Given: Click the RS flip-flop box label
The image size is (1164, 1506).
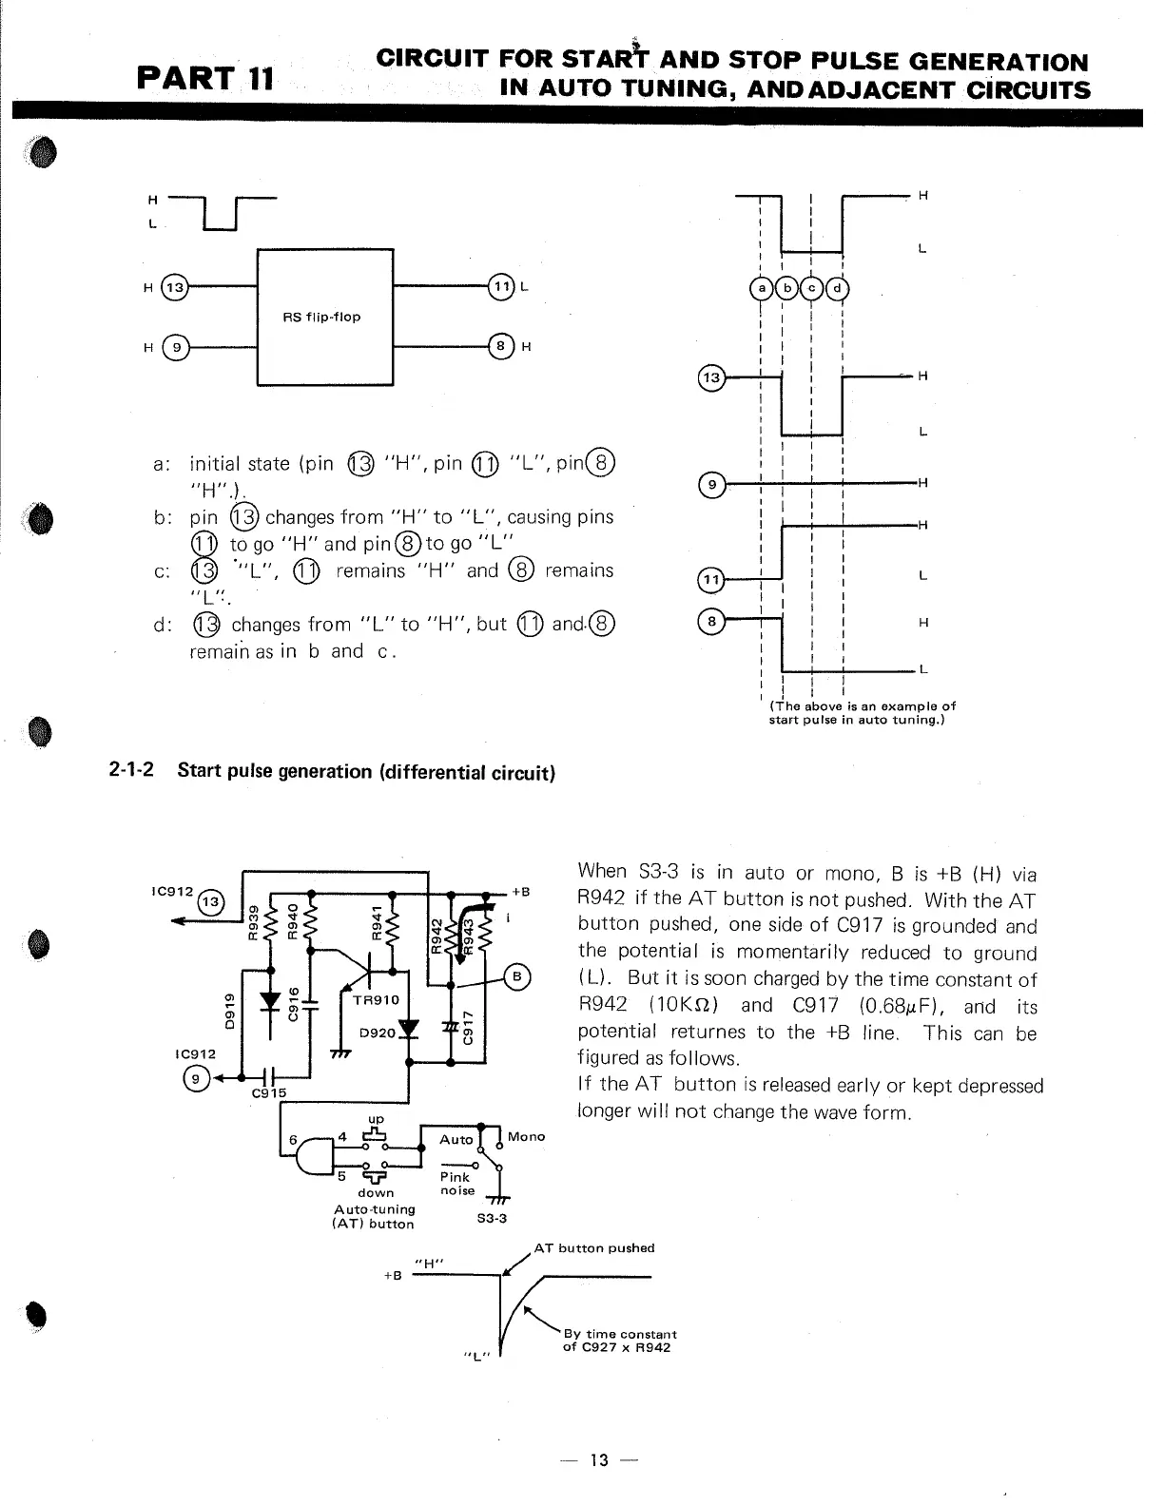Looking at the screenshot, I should tap(321, 317).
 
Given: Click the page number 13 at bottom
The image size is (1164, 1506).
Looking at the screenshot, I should tap(598, 1459).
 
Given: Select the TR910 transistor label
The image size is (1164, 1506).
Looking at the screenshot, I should tap(376, 1000).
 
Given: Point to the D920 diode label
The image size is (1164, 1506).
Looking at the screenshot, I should tap(377, 1033).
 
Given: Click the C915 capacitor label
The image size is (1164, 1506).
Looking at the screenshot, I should tap(268, 1093).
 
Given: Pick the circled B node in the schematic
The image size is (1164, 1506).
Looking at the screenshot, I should tap(518, 976).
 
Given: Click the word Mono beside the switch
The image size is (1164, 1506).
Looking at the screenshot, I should tap(526, 1136).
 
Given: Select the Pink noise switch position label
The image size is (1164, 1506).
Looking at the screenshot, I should tap(456, 1184).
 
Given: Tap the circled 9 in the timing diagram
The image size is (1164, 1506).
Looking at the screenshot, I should tap(711, 485).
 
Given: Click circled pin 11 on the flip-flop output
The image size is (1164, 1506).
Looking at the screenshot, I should tap(500, 286).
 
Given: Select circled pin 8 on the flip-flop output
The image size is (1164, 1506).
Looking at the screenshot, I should tap(500, 346).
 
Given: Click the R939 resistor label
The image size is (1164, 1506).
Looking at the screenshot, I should tap(253, 923).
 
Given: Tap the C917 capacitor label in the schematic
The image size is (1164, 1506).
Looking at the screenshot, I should tap(467, 1027).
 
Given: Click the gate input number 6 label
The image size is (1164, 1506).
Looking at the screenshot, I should tap(294, 1140).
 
